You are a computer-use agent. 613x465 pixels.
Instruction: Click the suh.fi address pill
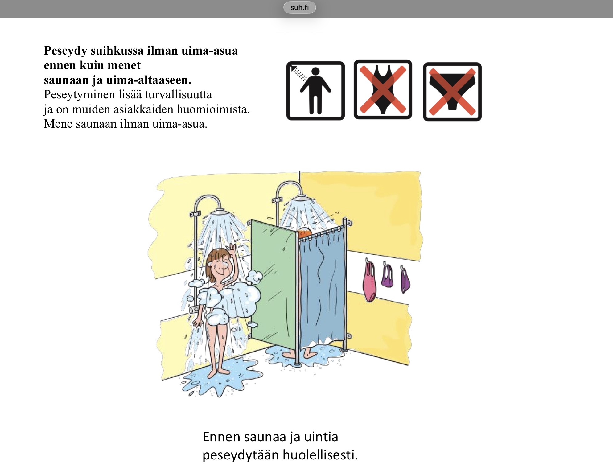[299, 7]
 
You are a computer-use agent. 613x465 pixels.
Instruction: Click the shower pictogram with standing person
[315, 91]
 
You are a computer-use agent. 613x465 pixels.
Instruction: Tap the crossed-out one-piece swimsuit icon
[383, 89]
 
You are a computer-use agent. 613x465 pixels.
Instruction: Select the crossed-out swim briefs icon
[452, 92]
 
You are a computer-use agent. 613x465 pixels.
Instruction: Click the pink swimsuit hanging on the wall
[369, 280]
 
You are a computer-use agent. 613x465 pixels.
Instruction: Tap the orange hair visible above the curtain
[305, 232]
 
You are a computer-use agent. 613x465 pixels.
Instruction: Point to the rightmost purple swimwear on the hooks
[405, 279]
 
